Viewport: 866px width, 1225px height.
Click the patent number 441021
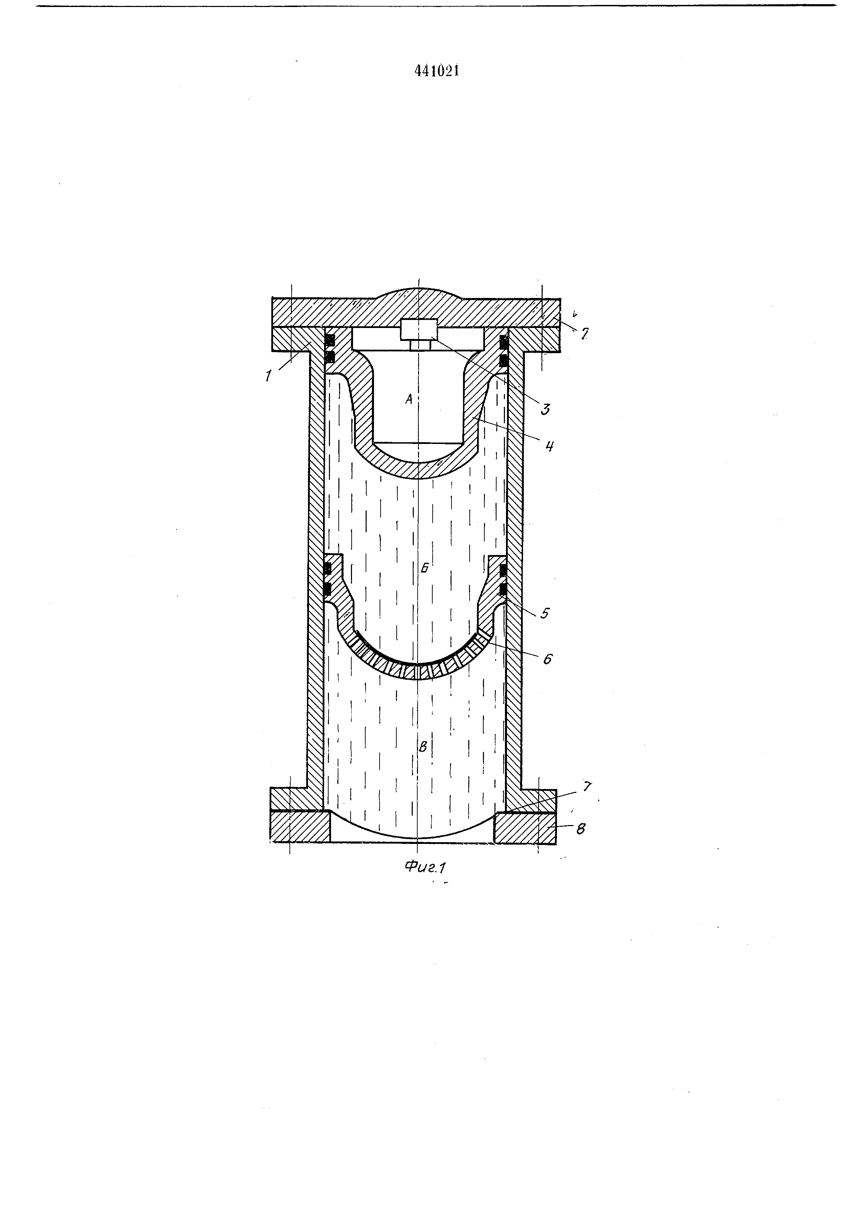coord(437,71)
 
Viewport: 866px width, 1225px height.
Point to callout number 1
coord(268,375)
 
